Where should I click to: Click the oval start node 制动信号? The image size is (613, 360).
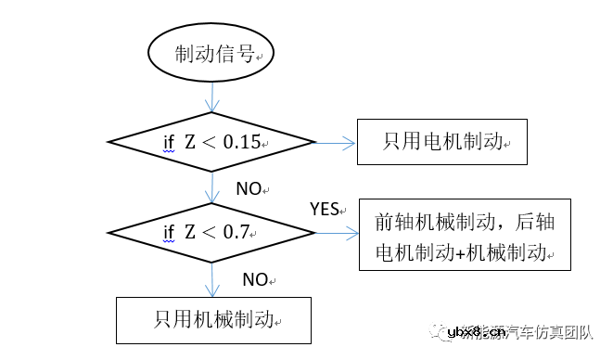[x=214, y=55]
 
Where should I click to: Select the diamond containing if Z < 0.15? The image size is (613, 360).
[x=213, y=142]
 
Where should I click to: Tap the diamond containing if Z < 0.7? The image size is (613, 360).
[x=213, y=232]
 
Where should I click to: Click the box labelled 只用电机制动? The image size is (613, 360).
[x=441, y=142]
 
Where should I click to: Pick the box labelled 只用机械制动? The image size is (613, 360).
[x=212, y=319]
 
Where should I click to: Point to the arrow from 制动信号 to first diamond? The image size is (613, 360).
[x=214, y=96]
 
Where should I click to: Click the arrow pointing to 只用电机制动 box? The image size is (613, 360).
[x=338, y=143]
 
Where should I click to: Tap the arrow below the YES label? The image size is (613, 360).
[x=338, y=233]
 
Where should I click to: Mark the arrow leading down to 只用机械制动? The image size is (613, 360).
[x=214, y=277]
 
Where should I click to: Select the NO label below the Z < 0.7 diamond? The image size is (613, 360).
[x=255, y=278]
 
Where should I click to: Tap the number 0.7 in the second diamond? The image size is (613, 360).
[x=237, y=232]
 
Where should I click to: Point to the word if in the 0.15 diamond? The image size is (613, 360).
[x=169, y=143]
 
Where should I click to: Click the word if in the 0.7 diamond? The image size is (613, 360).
[x=169, y=232]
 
